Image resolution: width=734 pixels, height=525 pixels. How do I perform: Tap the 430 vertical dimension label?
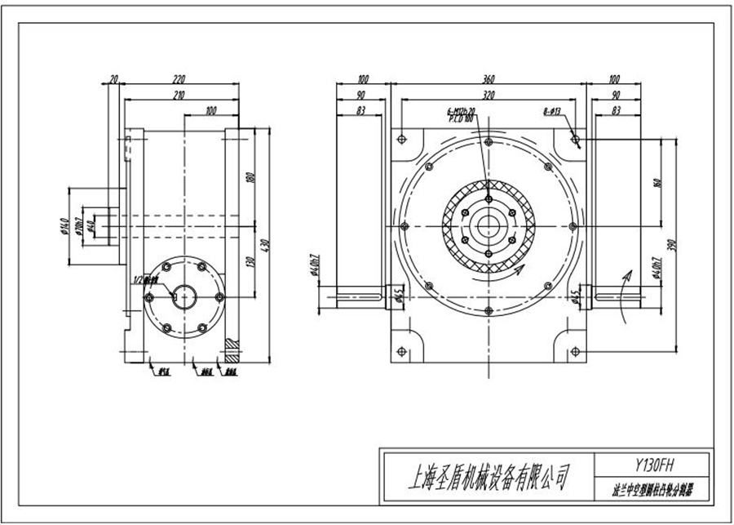[x=262, y=244]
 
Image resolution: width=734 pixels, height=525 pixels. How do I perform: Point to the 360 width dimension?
[x=488, y=80]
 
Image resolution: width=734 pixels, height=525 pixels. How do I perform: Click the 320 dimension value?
[x=488, y=96]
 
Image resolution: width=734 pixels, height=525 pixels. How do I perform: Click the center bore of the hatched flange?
[x=488, y=225]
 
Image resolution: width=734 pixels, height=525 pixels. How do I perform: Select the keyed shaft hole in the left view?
[x=183, y=296]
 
